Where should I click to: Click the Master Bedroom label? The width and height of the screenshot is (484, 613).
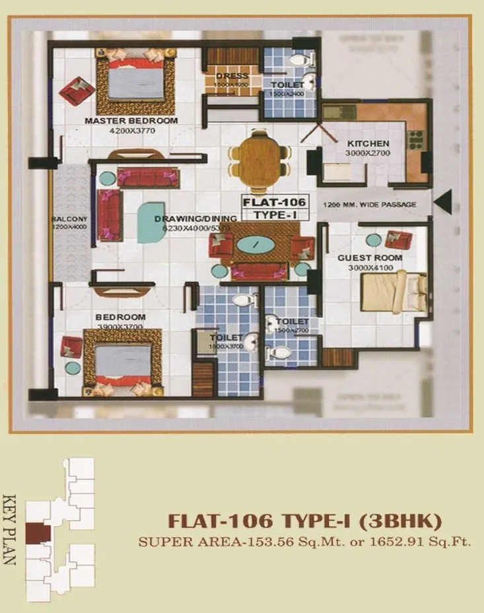131,121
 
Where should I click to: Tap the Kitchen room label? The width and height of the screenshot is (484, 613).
368,144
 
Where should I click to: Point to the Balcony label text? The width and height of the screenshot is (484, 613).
71,219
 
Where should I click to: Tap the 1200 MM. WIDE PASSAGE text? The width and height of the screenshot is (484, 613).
370,205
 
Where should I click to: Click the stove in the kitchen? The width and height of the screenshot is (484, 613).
415,139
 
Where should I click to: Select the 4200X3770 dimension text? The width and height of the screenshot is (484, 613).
131,131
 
